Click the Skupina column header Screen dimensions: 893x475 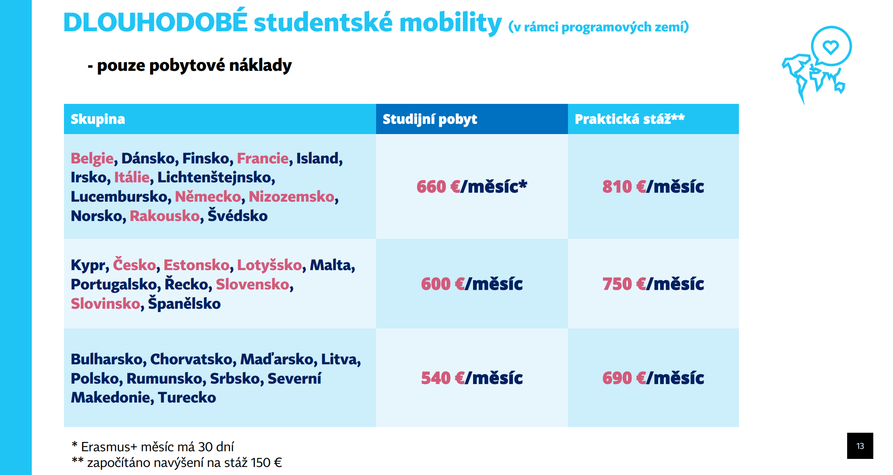pyautogui.click(x=98, y=119)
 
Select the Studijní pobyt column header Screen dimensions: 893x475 pyautogui.click(x=430, y=120)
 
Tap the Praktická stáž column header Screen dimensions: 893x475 pyautogui.click(x=630, y=119)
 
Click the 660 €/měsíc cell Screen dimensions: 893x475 pyautogui.click(x=472, y=186)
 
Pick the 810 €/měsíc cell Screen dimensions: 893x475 pyautogui.click(x=653, y=186)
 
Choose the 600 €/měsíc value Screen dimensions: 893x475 pyautogui.click(x=472, y=284)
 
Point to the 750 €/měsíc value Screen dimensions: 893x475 pyautogui.click(x=653, y=284)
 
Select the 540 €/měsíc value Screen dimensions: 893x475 pyautogui.click(x=472, y=378)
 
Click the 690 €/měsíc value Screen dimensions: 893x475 pyautogui.click(x=653, y=378)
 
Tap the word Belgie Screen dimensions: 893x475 pyautogui.click(x=92, y=159)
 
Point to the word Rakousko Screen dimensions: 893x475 pyautogui.click(x=165, y=216)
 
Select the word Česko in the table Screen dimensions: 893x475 pyautogui.click(x=134, y=264)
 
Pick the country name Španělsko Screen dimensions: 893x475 pyautogui.click(x=184, y=303)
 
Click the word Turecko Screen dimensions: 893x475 pyautogui.click(x=187, y=397)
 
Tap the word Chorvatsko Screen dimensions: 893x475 pyautogui.click(x=192, y=359)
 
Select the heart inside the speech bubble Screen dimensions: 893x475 pyautogui.click(x=831, y=47)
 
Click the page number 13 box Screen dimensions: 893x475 pyautogui.click(x=860, y=446)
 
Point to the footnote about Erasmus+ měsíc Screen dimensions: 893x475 pyautogui.click(x=152, y=447)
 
